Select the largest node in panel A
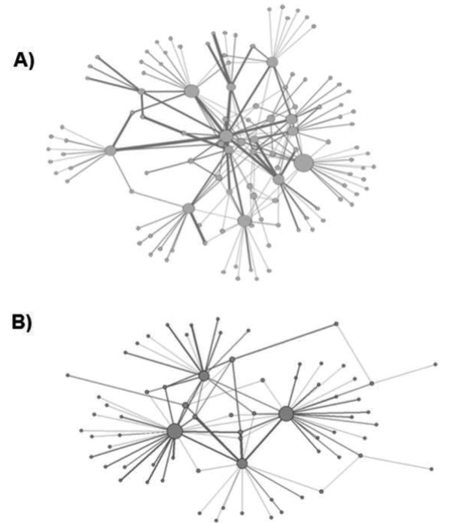[x=303, y=162]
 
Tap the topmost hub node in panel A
[x=273, y=61]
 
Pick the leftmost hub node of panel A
[x=111, y=150]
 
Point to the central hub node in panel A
[x=227, y=136]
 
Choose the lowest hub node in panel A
[x=244, y=221]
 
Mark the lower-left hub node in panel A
[x=188, y=208]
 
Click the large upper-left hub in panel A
[x=191, y=91]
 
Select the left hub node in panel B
[x=175, y=431]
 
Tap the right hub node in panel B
[x=285, y=413]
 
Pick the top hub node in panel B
[x=203, y=374]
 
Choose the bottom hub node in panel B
[x=242, y=464]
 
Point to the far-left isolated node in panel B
[x=68, y=374]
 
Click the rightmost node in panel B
[x=434, y=365]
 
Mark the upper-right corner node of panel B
[x=337, y=324]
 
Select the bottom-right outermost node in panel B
[x=431, y=469]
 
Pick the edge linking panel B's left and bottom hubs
[x=209, y=447]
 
